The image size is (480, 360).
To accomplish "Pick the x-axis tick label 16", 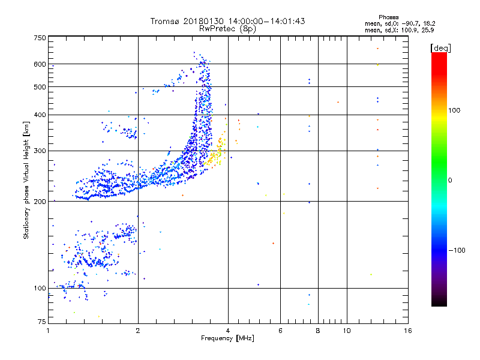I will point(408,331).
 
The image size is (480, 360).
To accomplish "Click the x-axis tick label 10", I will point(346,331).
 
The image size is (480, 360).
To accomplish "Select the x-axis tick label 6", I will point(280,331).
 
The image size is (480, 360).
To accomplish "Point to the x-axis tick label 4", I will point(228,331).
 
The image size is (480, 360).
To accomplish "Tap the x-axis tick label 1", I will point(49,331).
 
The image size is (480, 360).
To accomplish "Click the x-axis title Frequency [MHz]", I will point(228,339).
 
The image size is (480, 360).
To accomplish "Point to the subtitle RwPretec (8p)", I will point(228,28).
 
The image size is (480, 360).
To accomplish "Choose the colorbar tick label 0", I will point(451,180).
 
